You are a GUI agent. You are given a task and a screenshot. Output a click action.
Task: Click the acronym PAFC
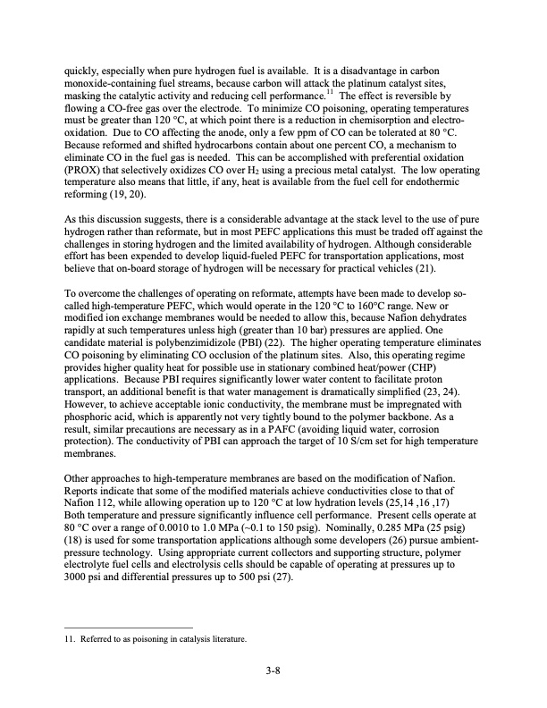(x=335, y=426)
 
